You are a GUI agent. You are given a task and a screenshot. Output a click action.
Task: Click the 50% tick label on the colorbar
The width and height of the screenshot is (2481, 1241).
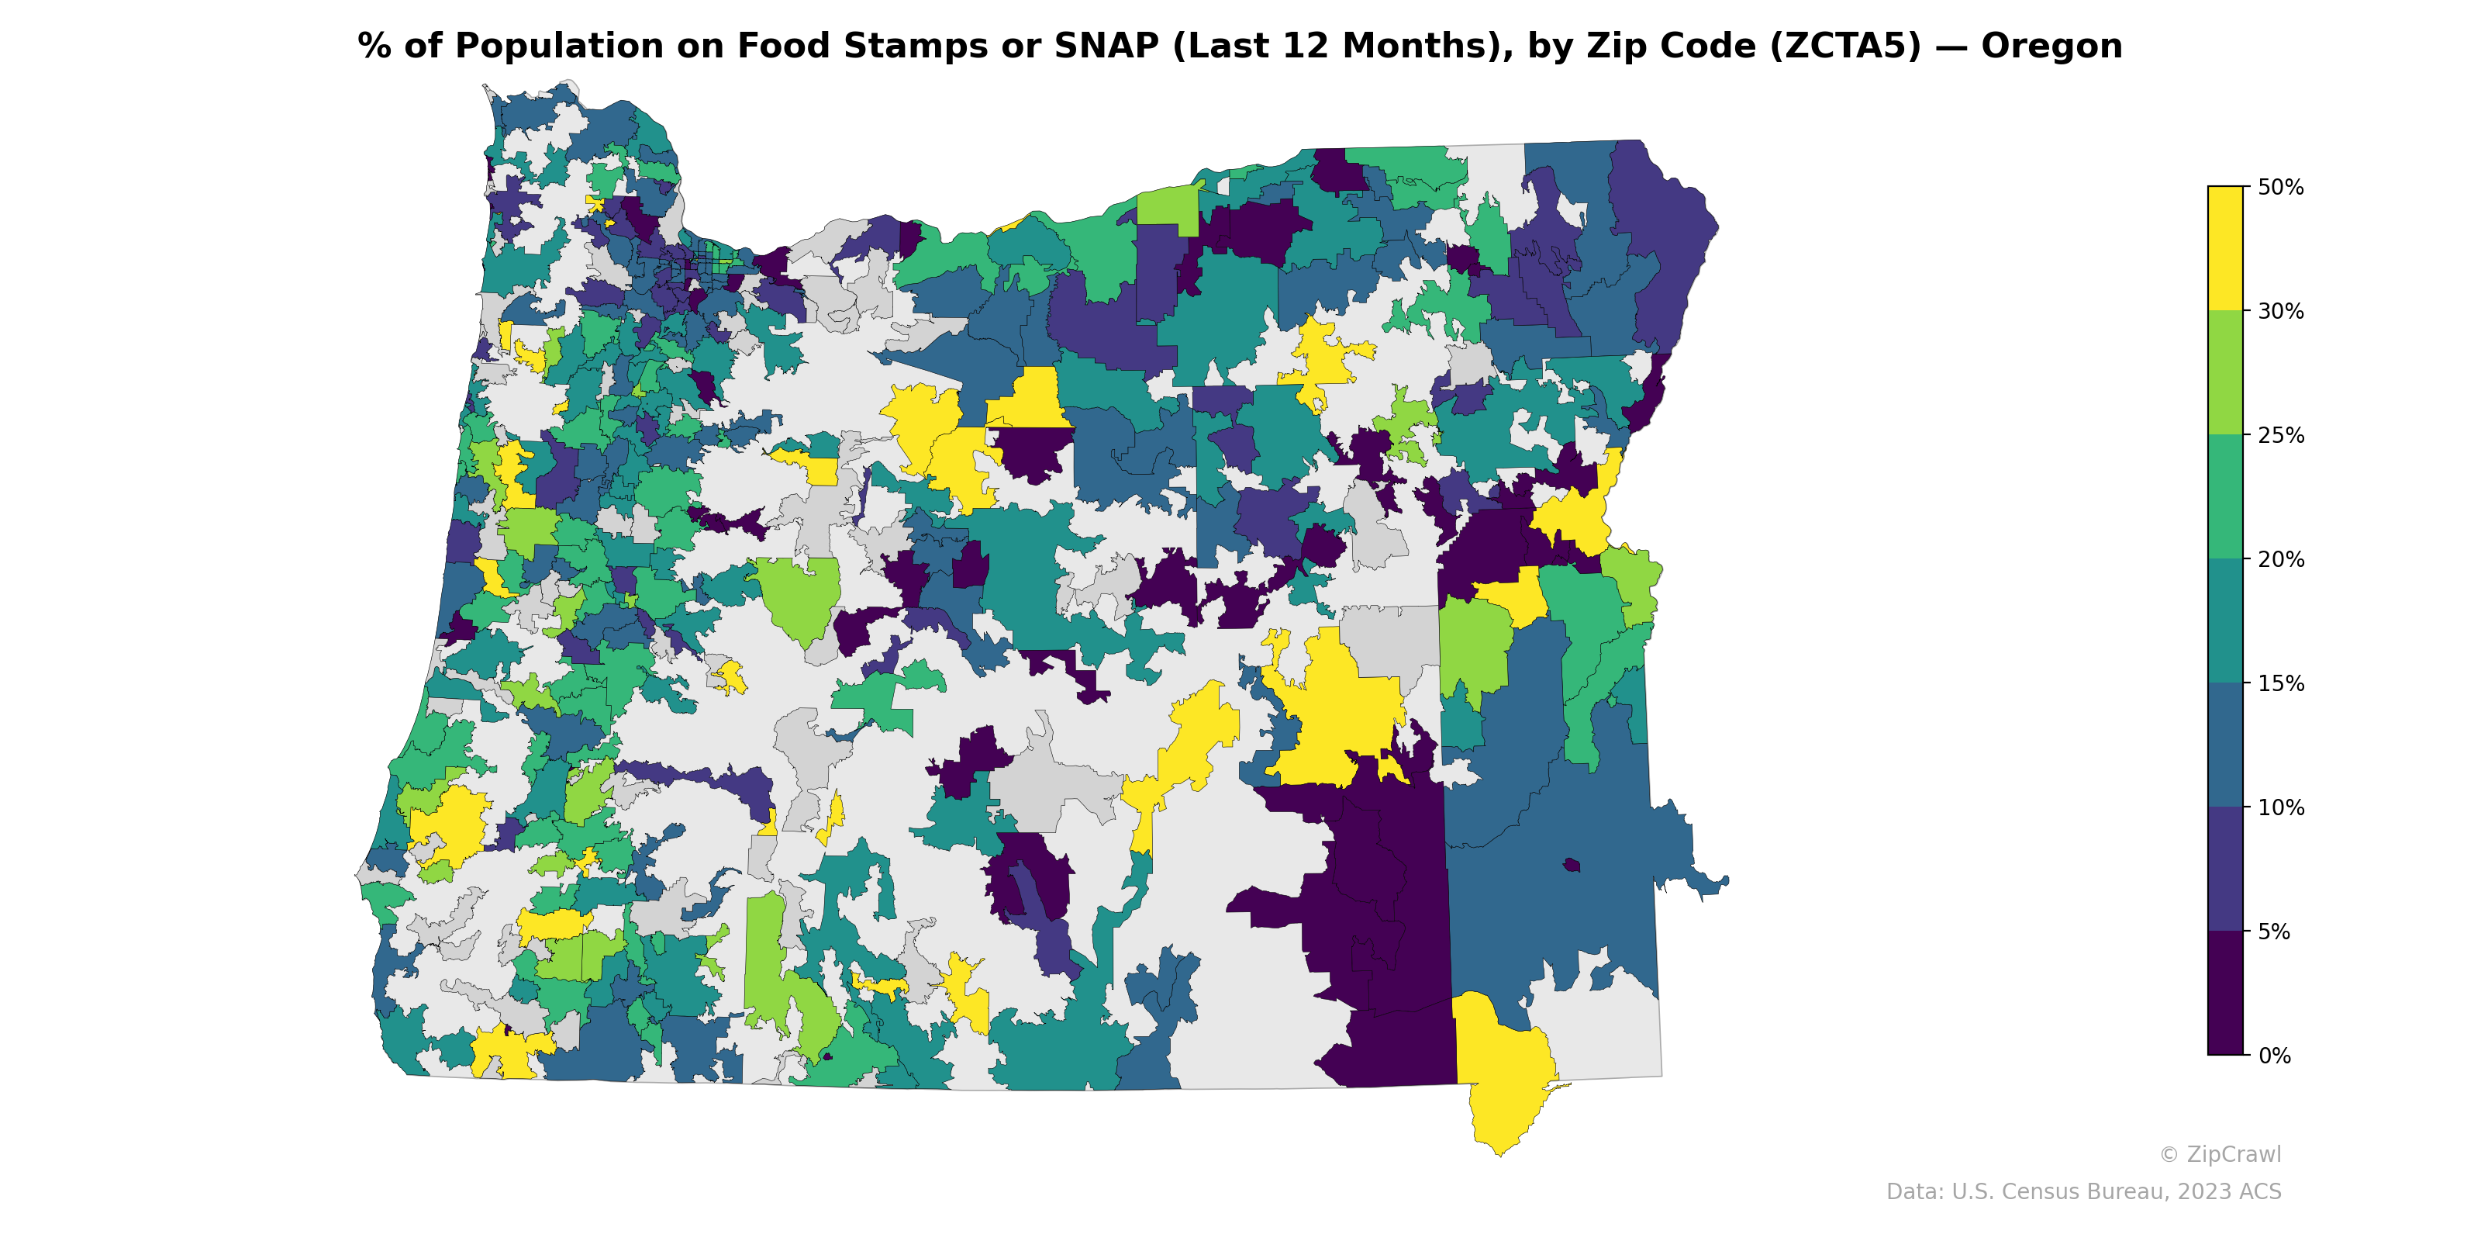pos(2279,187)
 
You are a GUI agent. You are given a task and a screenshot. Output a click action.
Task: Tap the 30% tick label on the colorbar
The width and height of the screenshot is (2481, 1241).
pos(2279,311)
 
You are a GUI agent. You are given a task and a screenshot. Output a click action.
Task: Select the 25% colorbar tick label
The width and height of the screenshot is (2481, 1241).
pos(2279,435)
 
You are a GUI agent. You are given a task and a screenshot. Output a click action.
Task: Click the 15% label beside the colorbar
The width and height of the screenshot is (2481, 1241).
pos(2279,684)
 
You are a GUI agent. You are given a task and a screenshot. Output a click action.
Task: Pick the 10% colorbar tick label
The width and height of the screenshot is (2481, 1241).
pos(2279,808)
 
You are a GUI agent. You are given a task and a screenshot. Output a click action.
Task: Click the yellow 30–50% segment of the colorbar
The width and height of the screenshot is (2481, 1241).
pos(2225,248)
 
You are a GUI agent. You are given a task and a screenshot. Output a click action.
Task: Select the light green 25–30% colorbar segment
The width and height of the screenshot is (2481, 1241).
pos(2225,373)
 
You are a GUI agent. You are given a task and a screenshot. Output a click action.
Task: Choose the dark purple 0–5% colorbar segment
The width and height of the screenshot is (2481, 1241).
pos(2225,994)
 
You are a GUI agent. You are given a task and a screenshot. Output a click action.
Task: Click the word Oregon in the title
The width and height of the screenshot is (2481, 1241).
pos(2051,47)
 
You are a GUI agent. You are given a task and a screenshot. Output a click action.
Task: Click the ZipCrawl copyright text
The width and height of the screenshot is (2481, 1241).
pos(2219,1154)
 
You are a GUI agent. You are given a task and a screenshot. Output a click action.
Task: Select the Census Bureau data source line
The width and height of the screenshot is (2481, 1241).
pos(2082,1192)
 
